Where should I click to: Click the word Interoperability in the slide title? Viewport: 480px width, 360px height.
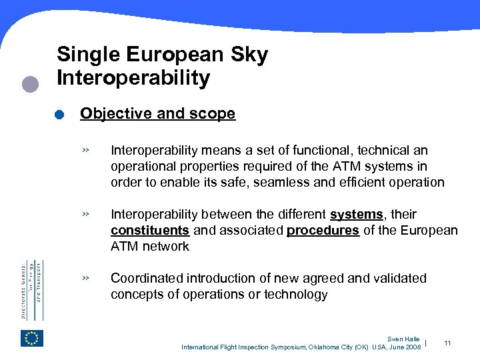[x=133, y=78]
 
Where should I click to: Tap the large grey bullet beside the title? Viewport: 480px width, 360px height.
[x=30, y=85]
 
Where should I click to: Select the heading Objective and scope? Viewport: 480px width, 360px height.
[x=157, y=114]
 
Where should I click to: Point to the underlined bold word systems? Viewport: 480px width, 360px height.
[x=357, y=215]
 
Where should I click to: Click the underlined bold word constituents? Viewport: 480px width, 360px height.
[x=150, y=231]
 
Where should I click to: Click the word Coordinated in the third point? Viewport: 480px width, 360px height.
[x=147, y=278]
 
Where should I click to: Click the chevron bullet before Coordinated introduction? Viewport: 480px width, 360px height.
[x=85, y=278]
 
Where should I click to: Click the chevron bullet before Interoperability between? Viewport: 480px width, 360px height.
[x=85, y=215]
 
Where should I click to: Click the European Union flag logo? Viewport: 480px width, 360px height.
[x=32, y=339]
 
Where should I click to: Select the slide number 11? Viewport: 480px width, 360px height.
[x=447, y=343]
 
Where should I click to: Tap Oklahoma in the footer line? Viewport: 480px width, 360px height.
[x=323, y=347]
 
